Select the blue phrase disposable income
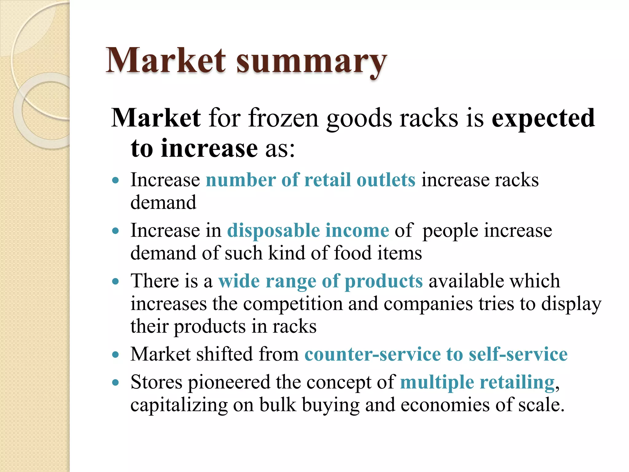click(308, 230)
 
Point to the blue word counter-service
click(373, 354)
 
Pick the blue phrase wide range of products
click(320, 281)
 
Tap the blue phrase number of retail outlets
click(311, 180)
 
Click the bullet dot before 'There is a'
click(115, 281)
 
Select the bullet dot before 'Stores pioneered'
click(115, 383)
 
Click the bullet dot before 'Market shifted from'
click(115, 355)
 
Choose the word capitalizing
click(179, 405)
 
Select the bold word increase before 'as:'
click(209, 148)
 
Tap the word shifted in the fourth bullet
click(225, 354)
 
